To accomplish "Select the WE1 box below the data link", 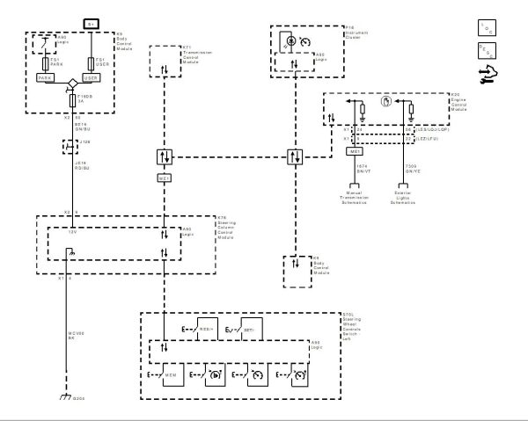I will point(164,178).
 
